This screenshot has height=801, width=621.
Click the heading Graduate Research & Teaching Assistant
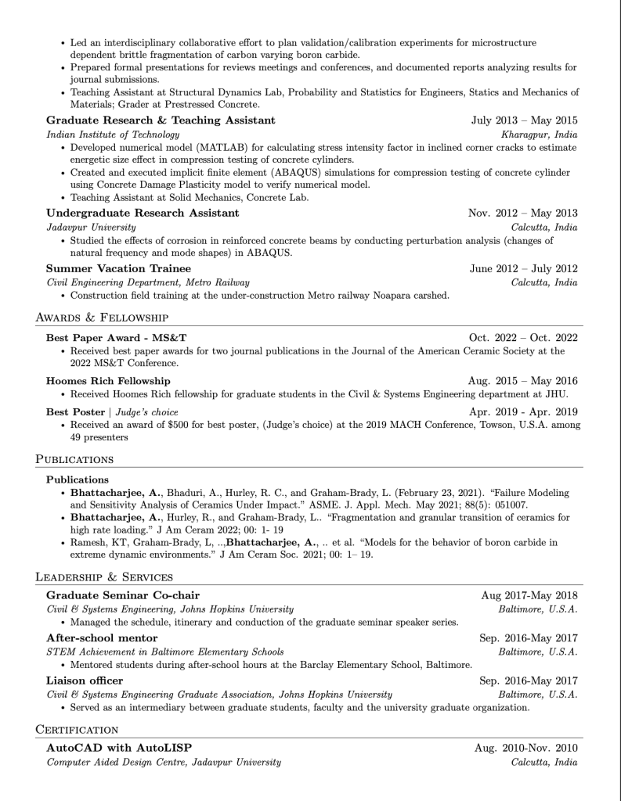tap(161, 120)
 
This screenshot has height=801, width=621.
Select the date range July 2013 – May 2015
tap(524, 120)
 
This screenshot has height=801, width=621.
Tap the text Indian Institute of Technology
tap(113, 135)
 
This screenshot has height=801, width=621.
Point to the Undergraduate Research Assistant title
tap(143, 213)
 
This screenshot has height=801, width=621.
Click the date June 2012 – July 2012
tap(523, 268)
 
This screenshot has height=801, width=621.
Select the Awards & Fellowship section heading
tap(102, 318)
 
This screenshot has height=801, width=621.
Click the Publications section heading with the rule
tap(74, 459)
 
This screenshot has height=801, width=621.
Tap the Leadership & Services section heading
tap(104, 577)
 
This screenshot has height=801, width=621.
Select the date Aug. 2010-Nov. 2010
tap(525, 748)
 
